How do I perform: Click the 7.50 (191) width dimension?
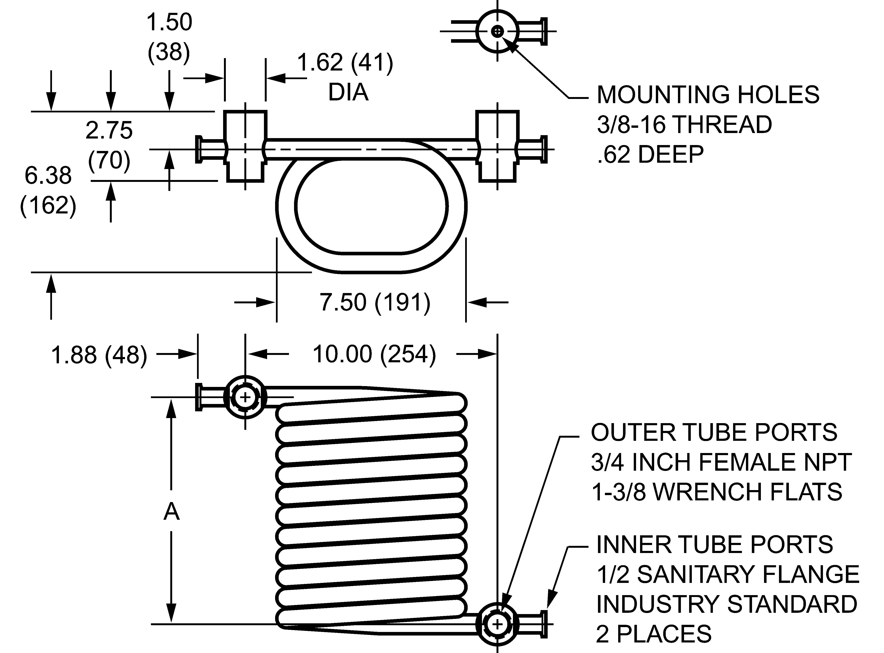[x=375, y=303]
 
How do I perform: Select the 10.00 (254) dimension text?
[x=374, y=354]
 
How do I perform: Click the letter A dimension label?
[x=172, y=512]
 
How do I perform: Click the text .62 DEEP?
[x=650, y=154]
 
